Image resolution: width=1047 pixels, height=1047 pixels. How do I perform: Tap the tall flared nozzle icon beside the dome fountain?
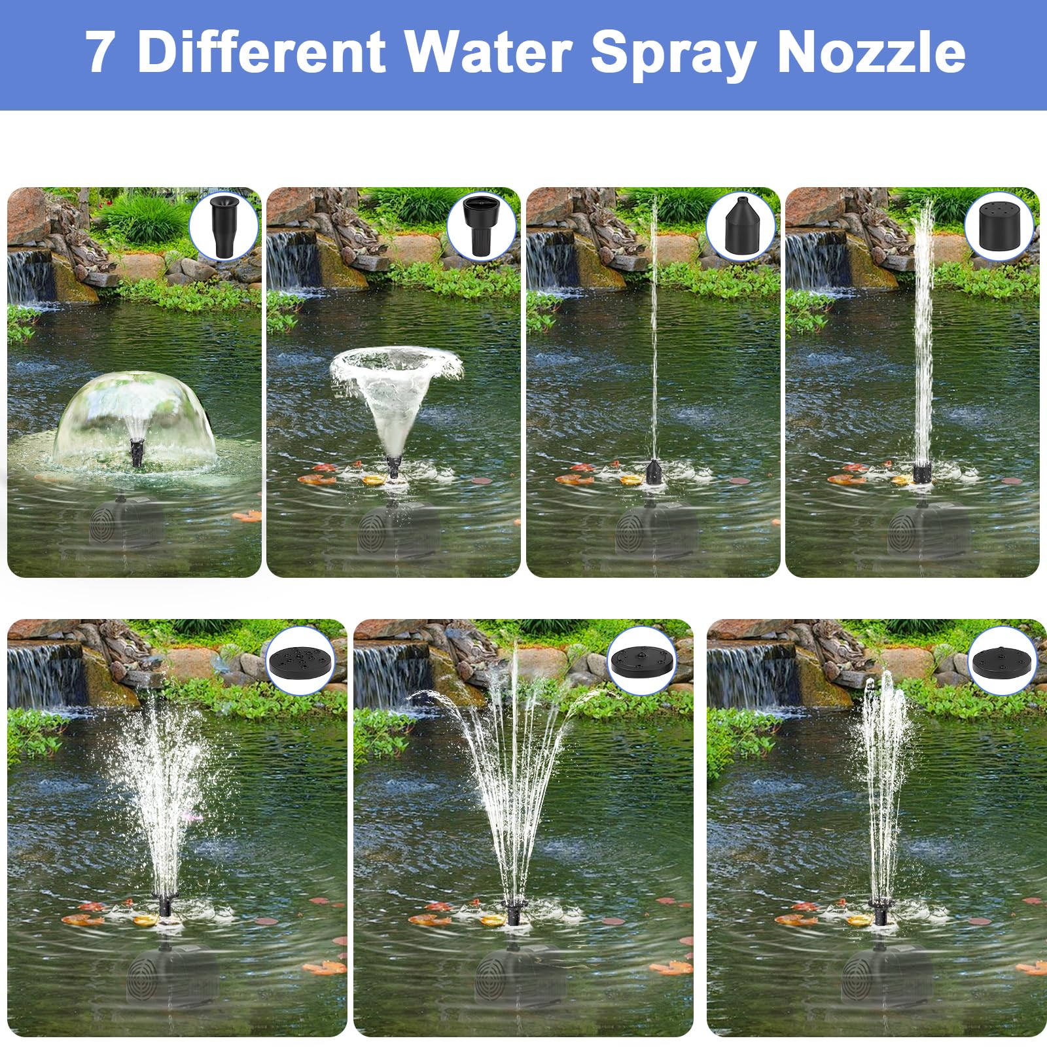(223, 227)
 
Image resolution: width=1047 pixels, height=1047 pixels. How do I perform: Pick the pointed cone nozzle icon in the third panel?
(740, 226)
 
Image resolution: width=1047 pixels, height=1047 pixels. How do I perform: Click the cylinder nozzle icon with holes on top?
(999, 226)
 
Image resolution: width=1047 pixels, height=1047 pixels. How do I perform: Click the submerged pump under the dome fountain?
(128, 523)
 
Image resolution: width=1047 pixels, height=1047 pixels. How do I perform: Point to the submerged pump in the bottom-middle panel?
(514, 975)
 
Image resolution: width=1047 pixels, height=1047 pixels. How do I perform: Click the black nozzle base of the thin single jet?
(653, 472)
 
